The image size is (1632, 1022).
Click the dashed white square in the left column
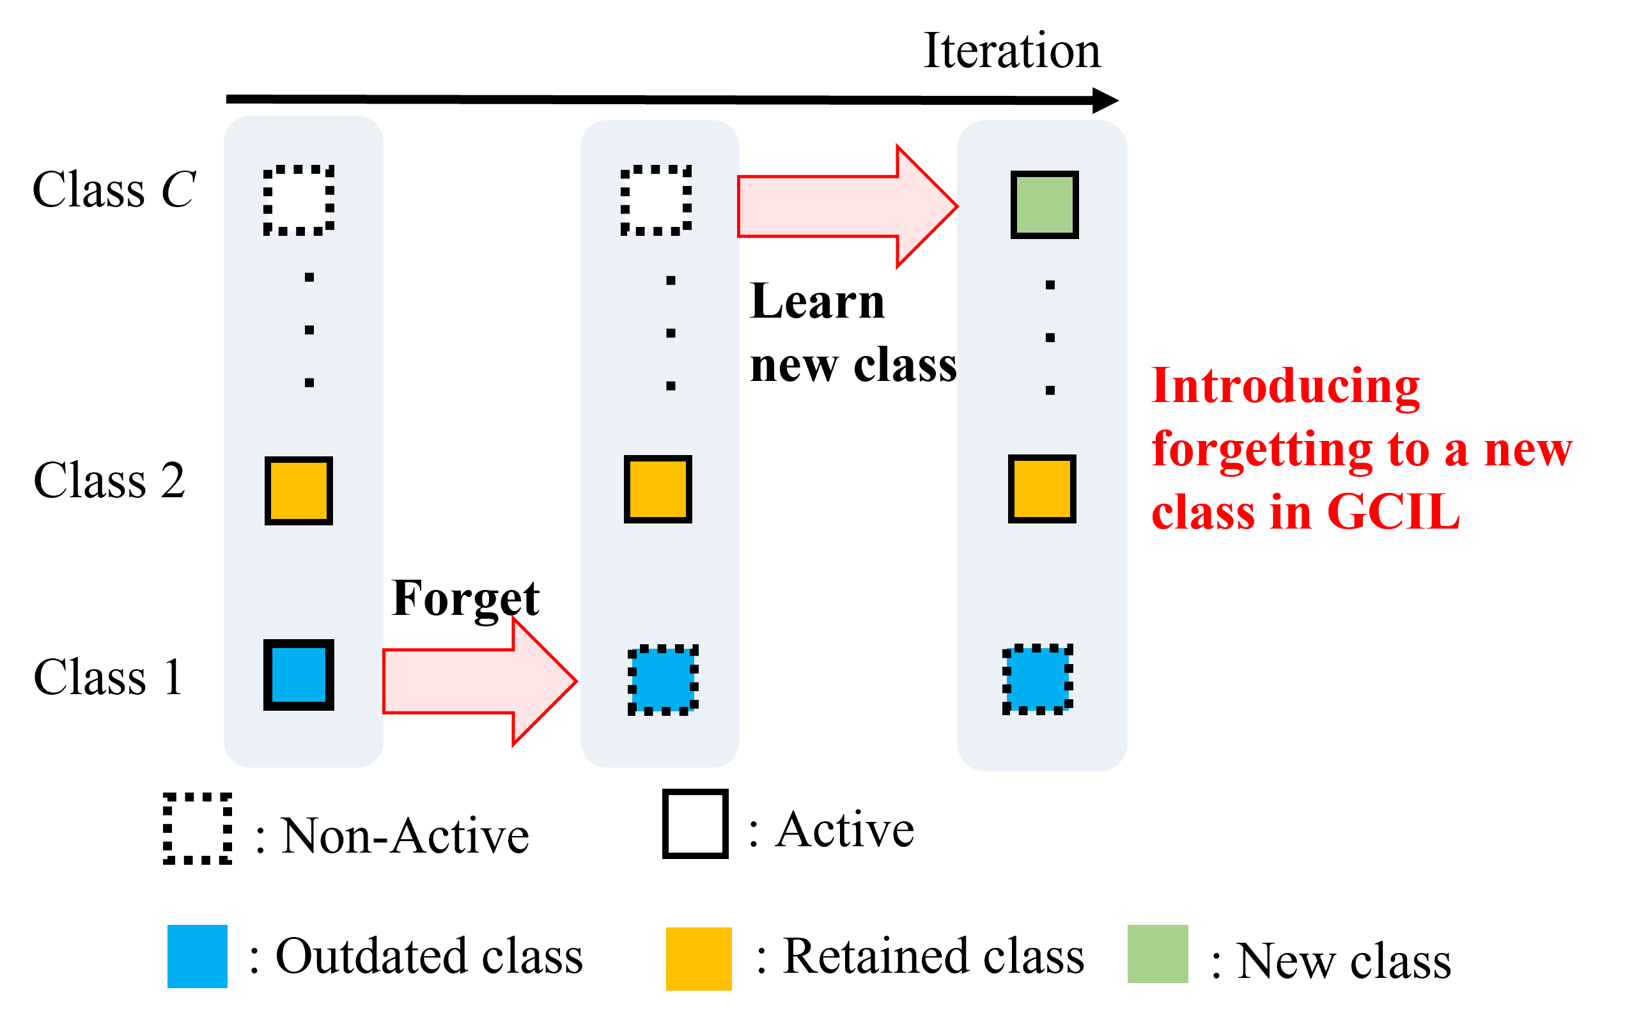coord(298,200)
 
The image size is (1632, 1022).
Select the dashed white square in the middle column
coord(656,200)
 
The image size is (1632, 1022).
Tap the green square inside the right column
coord(1045,205)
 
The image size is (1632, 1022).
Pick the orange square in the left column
coord(298,491)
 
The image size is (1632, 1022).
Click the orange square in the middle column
coord(658,490)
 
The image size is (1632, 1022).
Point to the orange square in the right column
coord(1042,489)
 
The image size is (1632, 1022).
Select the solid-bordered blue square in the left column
coord(298,674)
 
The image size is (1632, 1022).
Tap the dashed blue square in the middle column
coord(662,680)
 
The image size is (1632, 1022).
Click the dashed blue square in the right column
coord(1037,679)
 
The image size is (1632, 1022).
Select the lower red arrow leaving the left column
coord(473,681)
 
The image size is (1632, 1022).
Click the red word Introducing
coord(1285,387)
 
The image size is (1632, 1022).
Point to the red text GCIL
coord(1393,512)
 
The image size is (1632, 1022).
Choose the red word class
coord(1202,513)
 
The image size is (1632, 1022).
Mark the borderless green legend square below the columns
coord(1158,954)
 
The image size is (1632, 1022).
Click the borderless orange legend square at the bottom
coord(698,959)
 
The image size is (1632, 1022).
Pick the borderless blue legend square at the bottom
coord(198,956)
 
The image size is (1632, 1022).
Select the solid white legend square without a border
coord(695,823)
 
